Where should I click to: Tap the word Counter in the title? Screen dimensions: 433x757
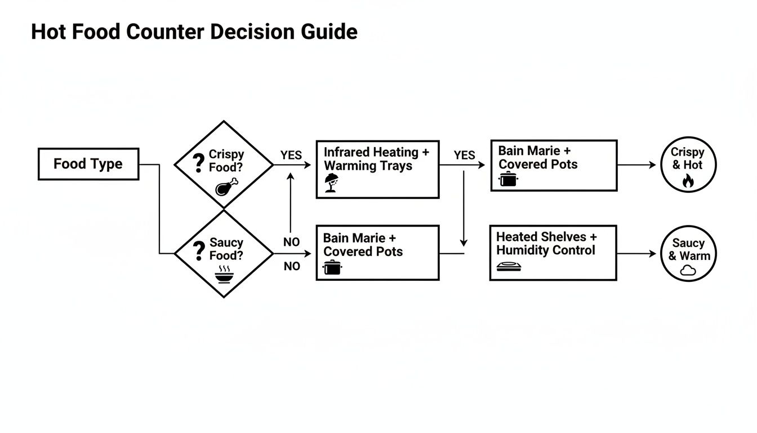coord(167,32)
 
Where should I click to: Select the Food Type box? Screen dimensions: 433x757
coord(88,164)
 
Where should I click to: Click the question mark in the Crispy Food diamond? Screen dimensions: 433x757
coord(198,162)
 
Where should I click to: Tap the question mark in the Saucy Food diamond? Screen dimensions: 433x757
coord(198,250)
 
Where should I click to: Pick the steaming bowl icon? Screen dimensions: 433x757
coord(224,274)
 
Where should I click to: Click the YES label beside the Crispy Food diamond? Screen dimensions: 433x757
coord(291,155)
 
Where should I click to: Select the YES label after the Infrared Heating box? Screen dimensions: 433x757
coord(464,155)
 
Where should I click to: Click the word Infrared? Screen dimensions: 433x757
coord(347,152)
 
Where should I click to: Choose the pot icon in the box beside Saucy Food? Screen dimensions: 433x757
coord(333,267)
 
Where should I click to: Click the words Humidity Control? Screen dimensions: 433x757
coord(545,250)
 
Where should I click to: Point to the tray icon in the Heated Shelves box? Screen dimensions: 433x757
coord(509,267)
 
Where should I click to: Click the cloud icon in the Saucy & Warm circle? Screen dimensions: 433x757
coord(688,271)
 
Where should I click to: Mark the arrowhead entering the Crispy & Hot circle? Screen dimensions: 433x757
coord(653,165)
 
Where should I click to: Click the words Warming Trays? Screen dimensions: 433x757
coord(368,166)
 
